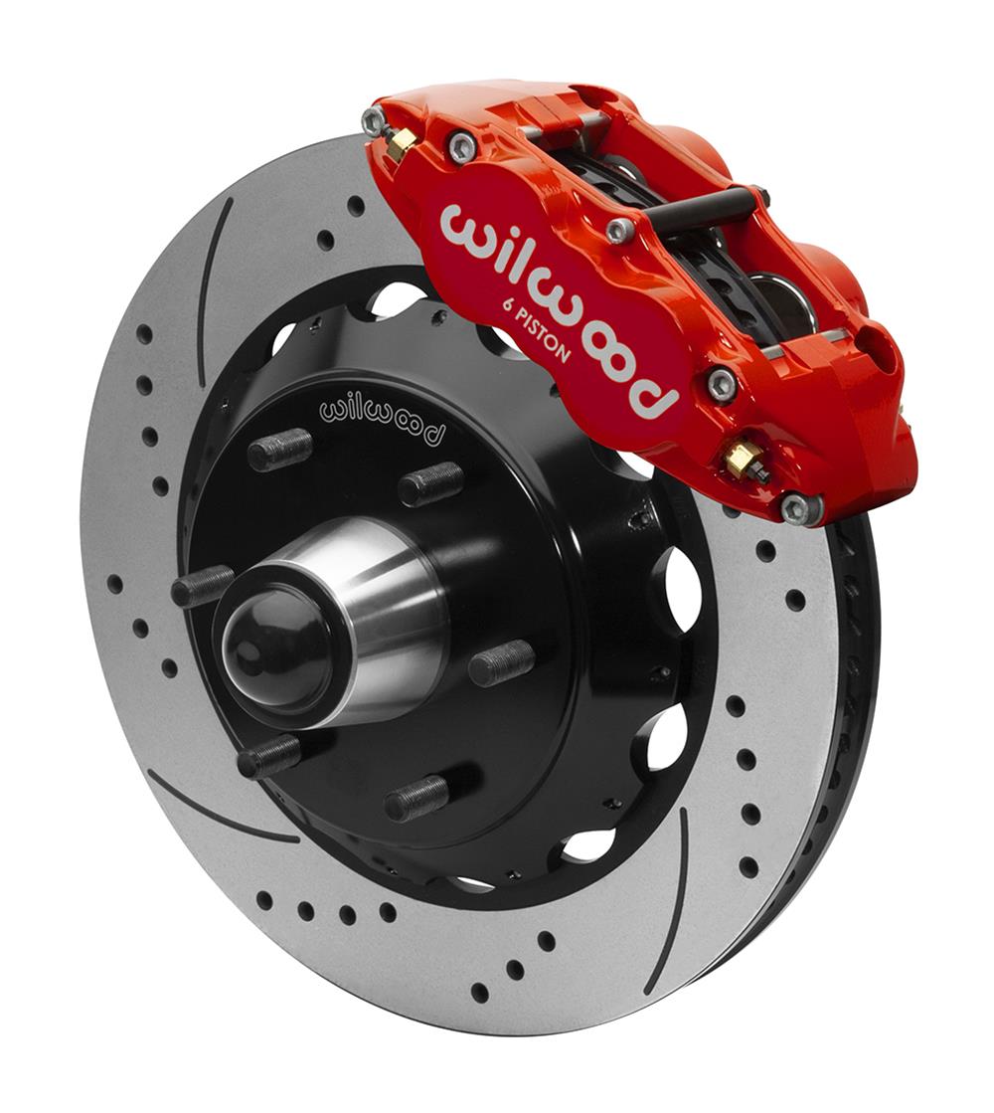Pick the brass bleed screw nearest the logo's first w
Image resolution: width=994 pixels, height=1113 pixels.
click(x=402, y=145)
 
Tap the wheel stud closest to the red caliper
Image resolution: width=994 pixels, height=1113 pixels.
click(x=429, y=484)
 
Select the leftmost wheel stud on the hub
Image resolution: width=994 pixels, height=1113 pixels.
click(x=202, y=587)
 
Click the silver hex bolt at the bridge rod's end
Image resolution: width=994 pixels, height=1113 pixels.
click(x=620, y=230)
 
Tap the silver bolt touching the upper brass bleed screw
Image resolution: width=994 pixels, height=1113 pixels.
click(x=374, y=122)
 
